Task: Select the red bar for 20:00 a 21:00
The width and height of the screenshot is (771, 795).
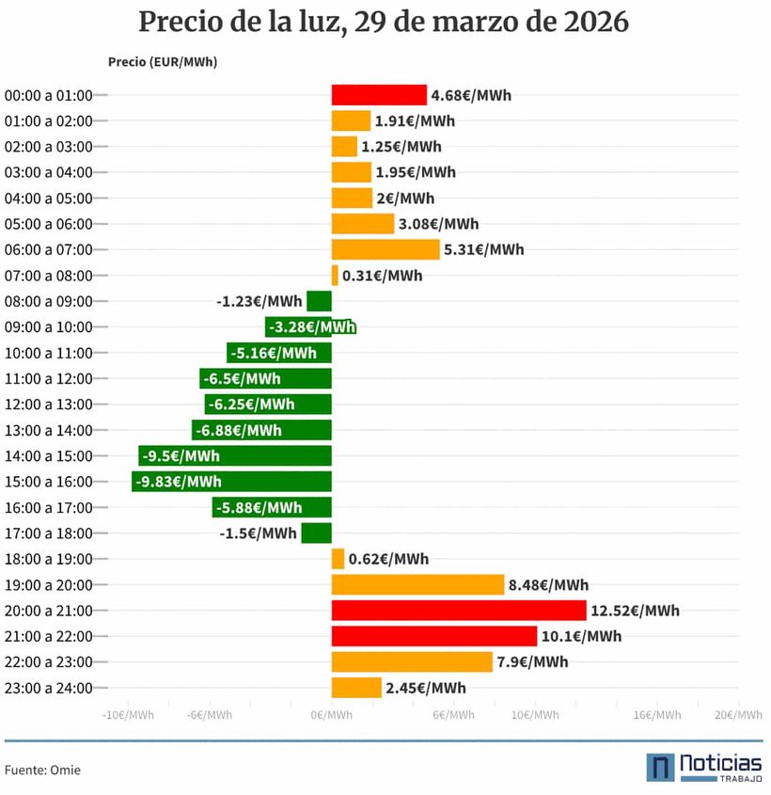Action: click(459, 611)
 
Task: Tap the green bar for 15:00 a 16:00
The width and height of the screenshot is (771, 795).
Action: click(231, 482)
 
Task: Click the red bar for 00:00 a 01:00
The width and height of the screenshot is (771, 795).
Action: click(379, 95)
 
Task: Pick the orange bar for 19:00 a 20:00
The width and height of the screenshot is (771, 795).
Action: click(417, 585)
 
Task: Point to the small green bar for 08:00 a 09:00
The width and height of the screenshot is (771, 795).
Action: click(319, 301)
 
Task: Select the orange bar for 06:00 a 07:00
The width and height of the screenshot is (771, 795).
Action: click(385, 249)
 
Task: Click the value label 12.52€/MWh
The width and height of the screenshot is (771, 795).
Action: click(635, 611)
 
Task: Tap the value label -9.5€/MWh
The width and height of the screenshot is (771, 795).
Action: click(181, 456)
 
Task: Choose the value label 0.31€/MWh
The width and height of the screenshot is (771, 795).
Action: click(383, 276)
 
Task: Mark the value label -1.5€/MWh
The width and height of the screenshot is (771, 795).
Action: click(258, 533)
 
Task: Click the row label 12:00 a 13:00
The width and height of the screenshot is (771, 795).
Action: click(48, 405)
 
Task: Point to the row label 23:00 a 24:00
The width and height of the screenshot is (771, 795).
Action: click(48, 688)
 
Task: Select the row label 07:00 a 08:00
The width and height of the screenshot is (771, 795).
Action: click(48, 276)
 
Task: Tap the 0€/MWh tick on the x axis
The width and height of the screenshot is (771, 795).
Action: click(332, 716)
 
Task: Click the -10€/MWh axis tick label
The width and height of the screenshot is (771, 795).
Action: click(128, 716)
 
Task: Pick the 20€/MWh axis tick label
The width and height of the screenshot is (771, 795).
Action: click(738, 716)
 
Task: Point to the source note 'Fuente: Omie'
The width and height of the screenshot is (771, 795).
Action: click(42, 770)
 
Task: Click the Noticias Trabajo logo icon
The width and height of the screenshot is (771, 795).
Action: click(660, 767)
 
